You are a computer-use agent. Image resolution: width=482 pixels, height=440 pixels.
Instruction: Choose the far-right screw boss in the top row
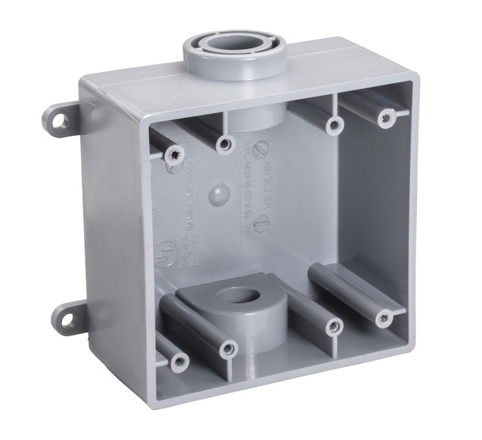387,117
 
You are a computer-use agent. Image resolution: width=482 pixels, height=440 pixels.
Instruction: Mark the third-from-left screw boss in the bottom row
336,325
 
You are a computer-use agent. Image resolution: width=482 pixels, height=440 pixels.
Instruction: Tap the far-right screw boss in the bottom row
384,318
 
